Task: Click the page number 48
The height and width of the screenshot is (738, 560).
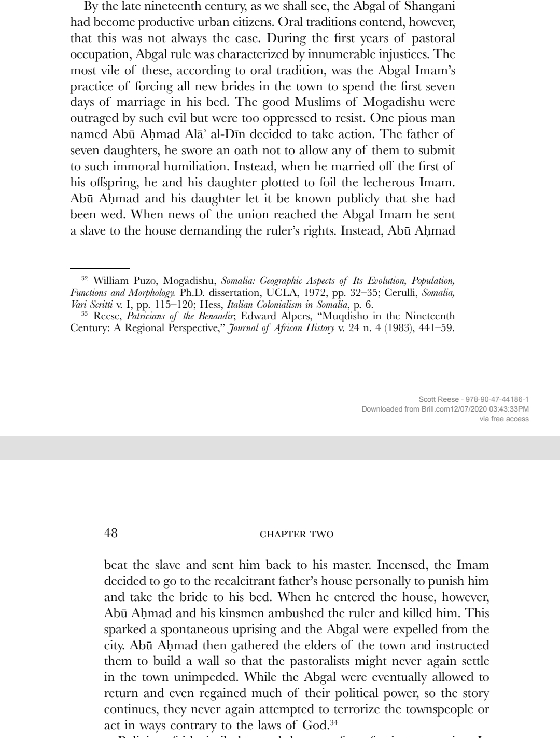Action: point(111,532)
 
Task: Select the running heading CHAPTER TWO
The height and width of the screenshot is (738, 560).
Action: point(296,534)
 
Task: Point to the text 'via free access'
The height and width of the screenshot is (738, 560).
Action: point(503,419)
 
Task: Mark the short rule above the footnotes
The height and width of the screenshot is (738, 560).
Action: point(99,268)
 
